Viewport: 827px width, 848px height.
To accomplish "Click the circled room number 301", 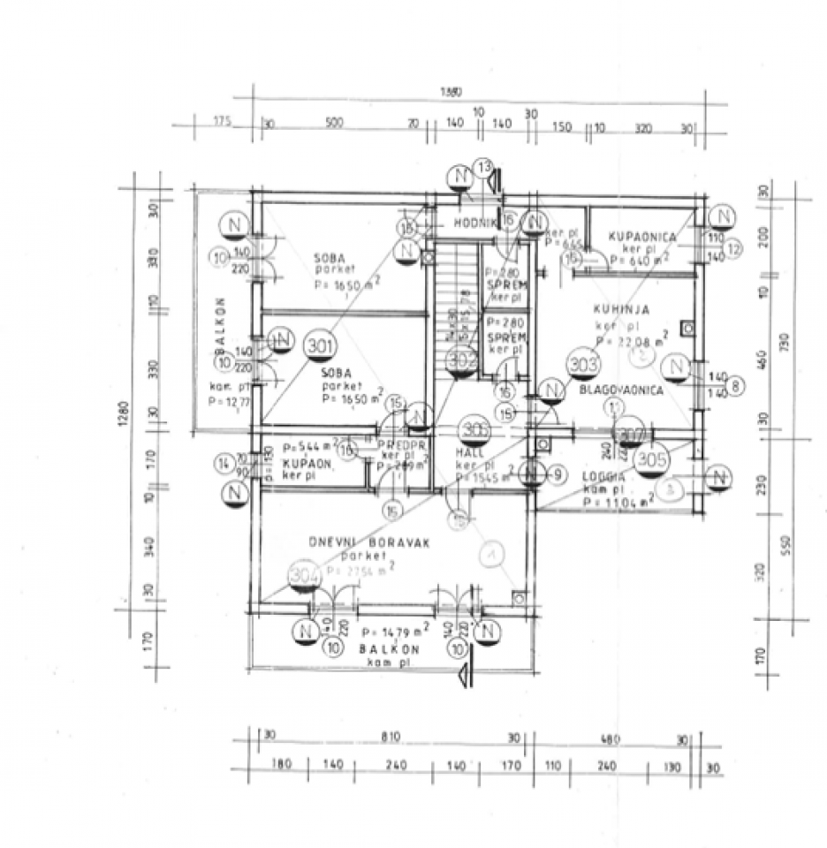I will click(x=321, y=345).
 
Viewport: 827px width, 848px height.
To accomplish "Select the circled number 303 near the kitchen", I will click(x=584, y=363).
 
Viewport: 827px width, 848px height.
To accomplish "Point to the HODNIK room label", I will click(x=472, y=224).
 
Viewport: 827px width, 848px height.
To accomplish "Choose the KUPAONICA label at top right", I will click(x=642, y=238).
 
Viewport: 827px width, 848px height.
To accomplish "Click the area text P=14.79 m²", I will click(x=396, y=632).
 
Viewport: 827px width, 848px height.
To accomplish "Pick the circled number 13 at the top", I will click(x=483, y=167).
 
